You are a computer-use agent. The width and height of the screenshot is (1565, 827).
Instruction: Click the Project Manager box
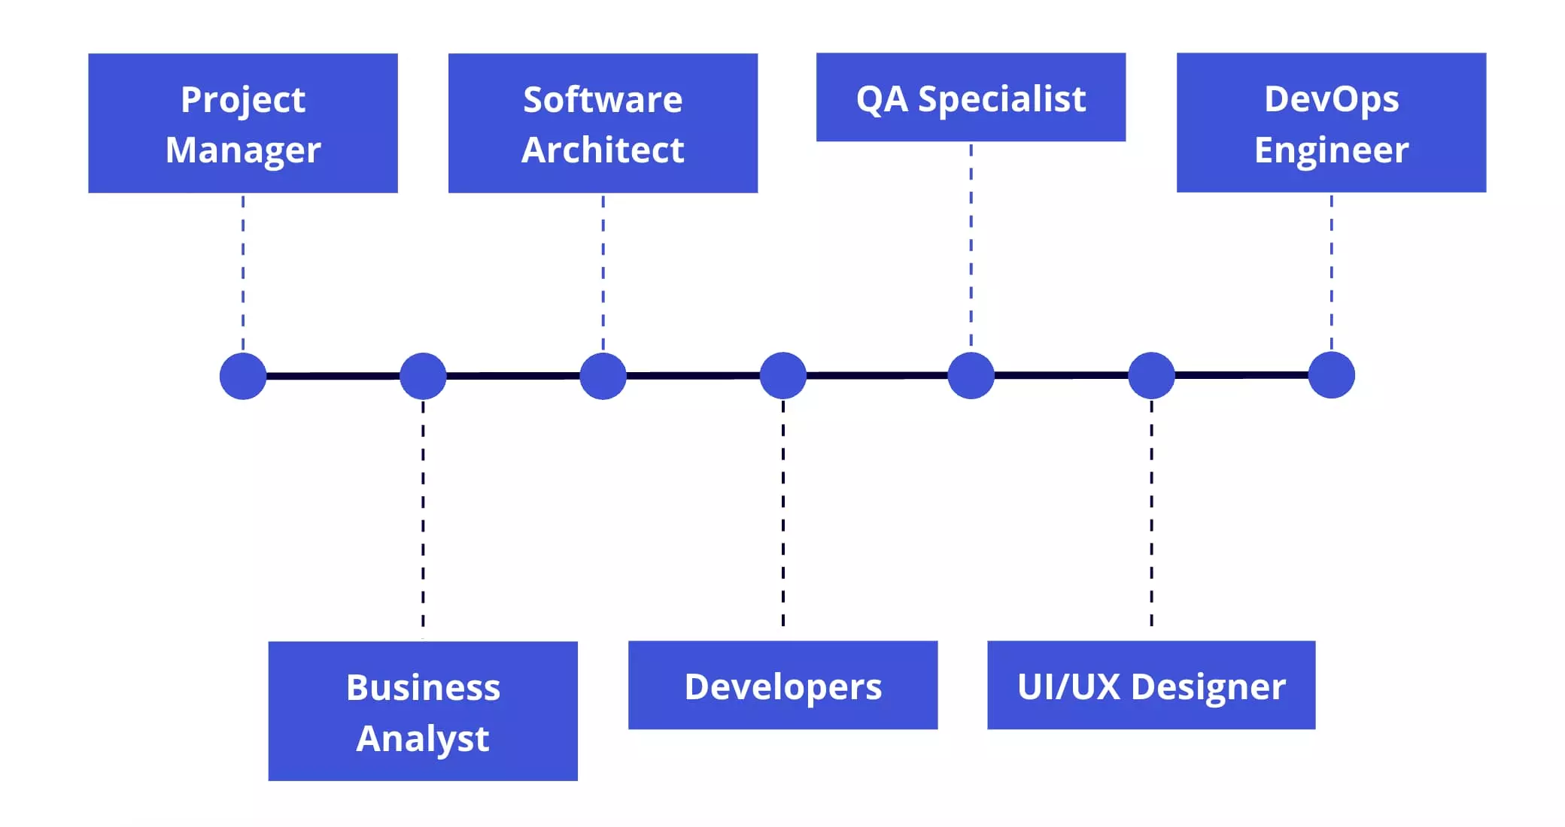tap(242, 123)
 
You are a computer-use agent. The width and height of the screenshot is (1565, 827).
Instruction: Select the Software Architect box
tap(603, 123)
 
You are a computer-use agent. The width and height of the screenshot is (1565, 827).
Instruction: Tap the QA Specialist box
tap(971, 98)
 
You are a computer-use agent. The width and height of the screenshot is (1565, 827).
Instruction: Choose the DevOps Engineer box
tap(1331, 123)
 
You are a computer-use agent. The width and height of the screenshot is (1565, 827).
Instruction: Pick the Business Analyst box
tap(423, 711)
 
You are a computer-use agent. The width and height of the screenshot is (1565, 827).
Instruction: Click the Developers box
tap(782, 686)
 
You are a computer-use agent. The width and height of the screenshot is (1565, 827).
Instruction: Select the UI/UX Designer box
tap(1151, 686)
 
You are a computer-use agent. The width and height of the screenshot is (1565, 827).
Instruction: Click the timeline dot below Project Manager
tap(243, 376)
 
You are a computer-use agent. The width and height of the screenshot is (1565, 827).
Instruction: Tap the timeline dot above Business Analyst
tap(423, 376)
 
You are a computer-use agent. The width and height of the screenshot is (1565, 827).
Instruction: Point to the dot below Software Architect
tap(603, 376)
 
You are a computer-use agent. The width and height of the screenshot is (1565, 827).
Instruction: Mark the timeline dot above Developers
tap(783, 375)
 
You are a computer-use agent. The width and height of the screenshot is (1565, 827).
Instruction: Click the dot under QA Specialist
tap(971, 375)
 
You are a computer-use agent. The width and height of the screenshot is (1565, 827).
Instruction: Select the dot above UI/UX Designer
tap(1151, 375)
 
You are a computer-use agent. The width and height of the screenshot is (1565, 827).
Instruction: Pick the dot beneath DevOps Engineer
tap(1331, 375)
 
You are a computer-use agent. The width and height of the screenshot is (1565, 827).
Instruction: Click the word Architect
tap(603, 150)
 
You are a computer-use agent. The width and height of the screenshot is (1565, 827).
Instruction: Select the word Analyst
tap(423, 738)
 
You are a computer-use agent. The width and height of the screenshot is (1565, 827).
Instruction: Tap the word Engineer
tap(1331, 150)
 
